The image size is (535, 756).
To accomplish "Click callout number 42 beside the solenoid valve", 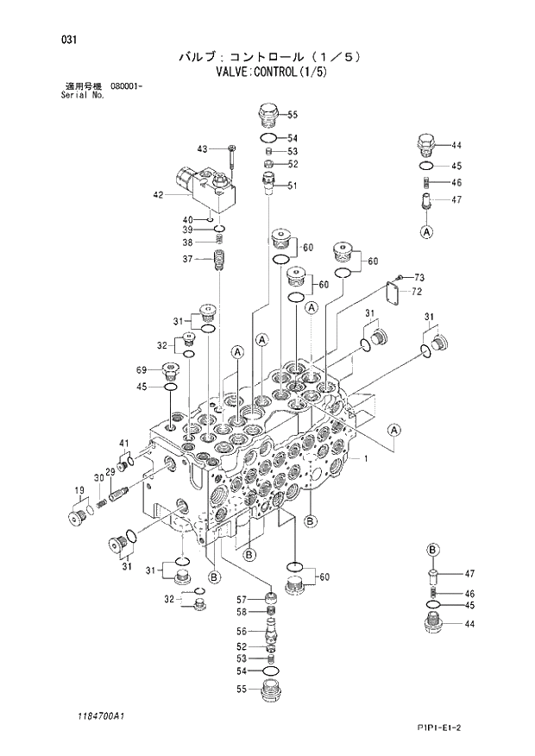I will tap(158, 195).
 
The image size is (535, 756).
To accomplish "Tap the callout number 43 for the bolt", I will tap(203, 148).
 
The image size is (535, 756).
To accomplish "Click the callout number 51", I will tap(292, 186).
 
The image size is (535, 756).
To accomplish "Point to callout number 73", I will tap(419, 277).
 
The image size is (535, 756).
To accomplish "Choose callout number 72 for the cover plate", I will tap(416, 293).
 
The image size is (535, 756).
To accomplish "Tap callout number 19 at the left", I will tap(79, 493).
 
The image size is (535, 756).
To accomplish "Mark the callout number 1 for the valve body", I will tap(366, 458).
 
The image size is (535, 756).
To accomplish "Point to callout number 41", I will tap(123, 444).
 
